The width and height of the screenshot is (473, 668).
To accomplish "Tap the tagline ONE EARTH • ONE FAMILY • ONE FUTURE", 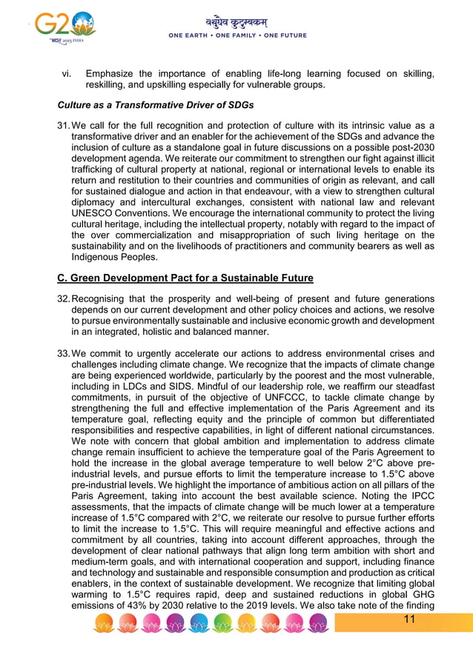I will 237,36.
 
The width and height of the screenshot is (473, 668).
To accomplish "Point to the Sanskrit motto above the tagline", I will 237,22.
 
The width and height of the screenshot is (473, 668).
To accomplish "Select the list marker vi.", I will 67,73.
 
